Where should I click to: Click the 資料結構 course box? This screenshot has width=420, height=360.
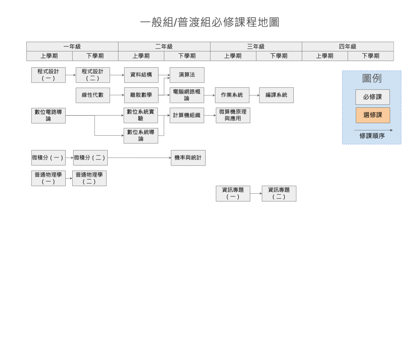pos(141,75)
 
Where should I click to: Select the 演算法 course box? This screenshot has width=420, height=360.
pos(187,75)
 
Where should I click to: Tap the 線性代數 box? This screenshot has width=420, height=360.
pos(93,95)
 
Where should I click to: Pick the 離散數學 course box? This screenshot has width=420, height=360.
pos(141,95)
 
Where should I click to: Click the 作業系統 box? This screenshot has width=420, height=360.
pos(232,95)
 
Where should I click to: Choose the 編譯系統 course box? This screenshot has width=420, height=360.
pos(276,95)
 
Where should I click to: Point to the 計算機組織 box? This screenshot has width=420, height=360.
pos(187,115)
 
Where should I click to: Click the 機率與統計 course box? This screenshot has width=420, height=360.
pos(188,158)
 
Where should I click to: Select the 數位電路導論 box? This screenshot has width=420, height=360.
pos(48,116)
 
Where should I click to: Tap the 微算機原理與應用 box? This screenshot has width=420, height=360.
pos(233,115)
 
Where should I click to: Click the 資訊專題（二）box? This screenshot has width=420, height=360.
pos(279,193)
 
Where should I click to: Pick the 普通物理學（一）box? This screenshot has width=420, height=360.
pos(48,178)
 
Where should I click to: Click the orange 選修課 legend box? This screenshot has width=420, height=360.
pos(373,115)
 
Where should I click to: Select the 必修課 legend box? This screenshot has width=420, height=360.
pos(373,97)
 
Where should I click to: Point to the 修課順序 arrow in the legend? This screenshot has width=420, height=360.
pos(373,130)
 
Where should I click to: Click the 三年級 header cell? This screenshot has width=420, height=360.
pos(256,47)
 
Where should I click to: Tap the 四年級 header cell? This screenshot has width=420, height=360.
pos(348,47)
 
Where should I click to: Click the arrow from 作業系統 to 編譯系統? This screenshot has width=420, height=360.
pos(254,95)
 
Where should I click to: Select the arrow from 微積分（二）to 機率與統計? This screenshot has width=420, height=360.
pos(139,158)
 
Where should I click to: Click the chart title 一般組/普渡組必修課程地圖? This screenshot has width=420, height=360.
pos(210,22)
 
